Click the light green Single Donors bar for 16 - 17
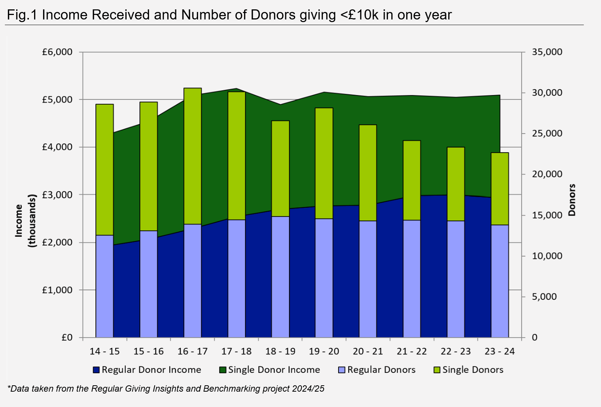pos(193,156)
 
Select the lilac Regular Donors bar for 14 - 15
pos(104,286)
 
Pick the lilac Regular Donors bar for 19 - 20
pos(324,278)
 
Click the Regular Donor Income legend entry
pos(147,370)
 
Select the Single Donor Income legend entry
pos(270,370)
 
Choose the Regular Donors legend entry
pos(377,370)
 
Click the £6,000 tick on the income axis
pos(57,52)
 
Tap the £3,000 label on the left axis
pos(57,195)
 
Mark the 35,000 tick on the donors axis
pos(547,52)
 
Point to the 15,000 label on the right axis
pos(547,215)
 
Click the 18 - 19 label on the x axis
pos(280,352)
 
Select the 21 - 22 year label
pos(412,352)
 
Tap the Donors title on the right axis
pos(572,200)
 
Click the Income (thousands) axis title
pos(25,221)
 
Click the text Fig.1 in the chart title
pos(22,15)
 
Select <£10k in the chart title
pos(359,15)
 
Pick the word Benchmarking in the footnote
pos(227,389)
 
